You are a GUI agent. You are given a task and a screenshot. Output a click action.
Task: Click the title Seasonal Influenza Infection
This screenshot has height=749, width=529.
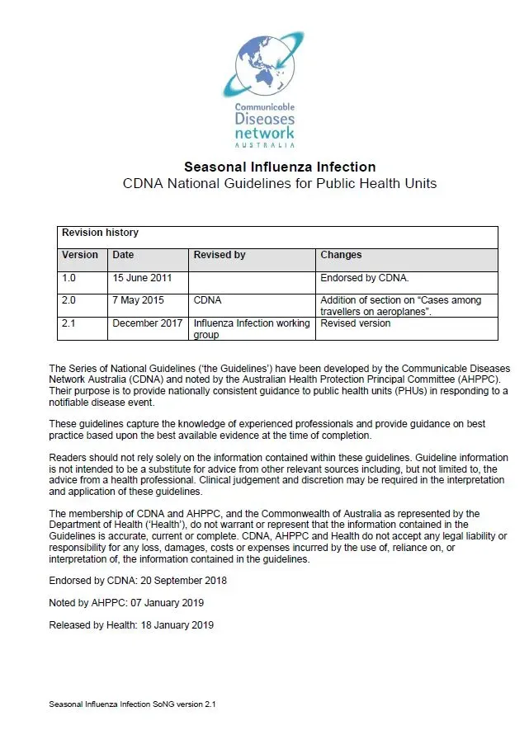pyautogui.click(x=280, y=167)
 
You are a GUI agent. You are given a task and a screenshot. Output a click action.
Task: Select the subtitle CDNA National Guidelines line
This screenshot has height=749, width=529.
pyautogui.click(x=280, y=183)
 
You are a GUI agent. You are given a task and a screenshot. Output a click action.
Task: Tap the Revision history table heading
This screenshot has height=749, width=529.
pyautogui.click(x=101, y=233)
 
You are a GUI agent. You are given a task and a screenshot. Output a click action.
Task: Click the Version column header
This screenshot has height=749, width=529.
pyautogui.click(x=80, y=256)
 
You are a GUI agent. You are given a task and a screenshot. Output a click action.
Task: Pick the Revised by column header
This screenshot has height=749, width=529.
pyautogui.click(x=220, y=256)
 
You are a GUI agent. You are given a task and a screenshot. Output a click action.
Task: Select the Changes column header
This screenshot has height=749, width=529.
pyautogui.click(x=341, y=256)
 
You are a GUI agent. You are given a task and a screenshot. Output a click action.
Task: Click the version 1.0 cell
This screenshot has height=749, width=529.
pyautogui.click(x=69, y=279)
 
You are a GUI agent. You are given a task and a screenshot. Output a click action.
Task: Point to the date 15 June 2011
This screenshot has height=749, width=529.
pyautogui.click(x=142, y=279)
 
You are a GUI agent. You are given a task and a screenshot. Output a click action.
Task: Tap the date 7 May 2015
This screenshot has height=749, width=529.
pyautogui.click(x=139, y=301)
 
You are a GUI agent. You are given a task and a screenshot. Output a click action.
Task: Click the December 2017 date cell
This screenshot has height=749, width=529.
pyautogui.click(x=148, y=323)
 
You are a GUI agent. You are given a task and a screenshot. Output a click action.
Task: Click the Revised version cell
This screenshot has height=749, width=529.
pyautogui.click(x=356, y=323)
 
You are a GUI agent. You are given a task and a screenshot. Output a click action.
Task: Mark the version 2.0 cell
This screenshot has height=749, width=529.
pyautogui.click(x=69, y=301)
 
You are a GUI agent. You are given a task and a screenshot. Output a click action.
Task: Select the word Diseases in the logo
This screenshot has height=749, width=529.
pyautogui.click(x=264, y=120)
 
